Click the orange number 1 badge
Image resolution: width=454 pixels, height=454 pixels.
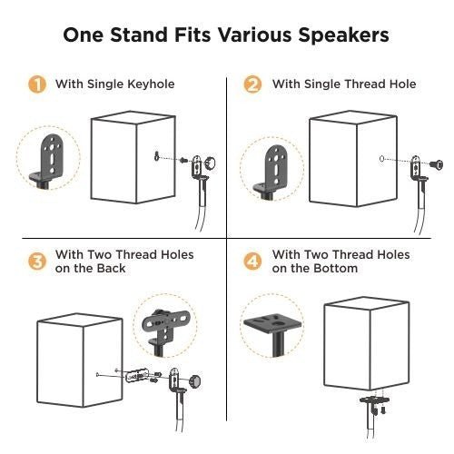click(37, 85)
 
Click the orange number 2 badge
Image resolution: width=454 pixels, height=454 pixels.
click(253, 85)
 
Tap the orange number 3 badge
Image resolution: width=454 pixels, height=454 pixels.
click(37, 262)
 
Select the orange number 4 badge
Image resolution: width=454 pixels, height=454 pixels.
click(253, 262)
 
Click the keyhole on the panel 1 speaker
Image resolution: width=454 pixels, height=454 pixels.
click(158, 155)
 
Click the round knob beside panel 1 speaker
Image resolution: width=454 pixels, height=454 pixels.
click(211, 163)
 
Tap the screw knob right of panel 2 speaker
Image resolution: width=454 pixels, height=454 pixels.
click(439, 164)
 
